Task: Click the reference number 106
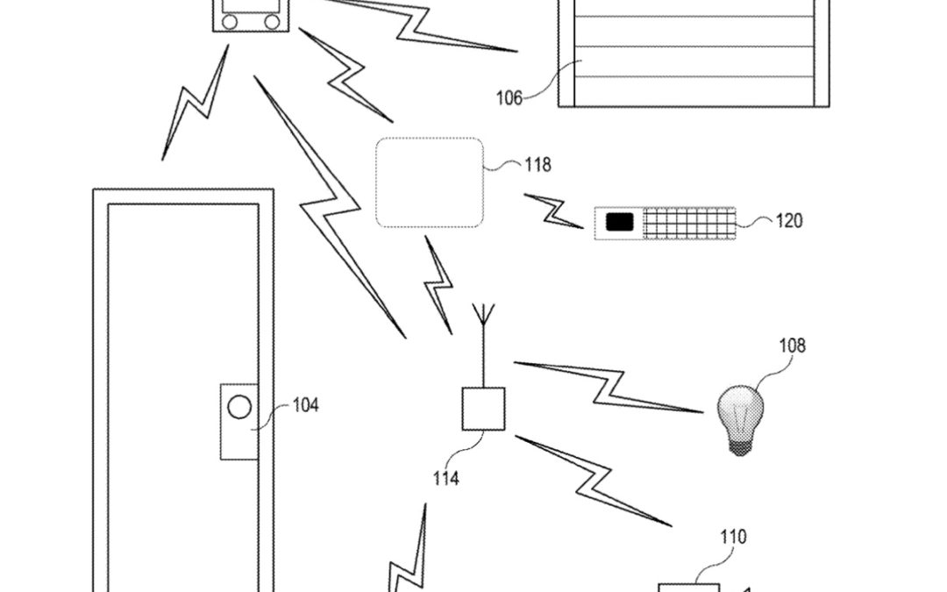coord(509,97)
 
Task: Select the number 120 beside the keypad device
coord(788,221)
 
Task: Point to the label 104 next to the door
coord(305,405)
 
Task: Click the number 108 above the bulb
coord(792,346)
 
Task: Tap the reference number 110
coord(733,537)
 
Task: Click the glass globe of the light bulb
coord(740,410)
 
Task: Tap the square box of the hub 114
coord(483,409)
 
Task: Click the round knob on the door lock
coord(239,406)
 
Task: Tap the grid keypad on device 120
coord(689,223)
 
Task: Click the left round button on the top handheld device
coord(231,20)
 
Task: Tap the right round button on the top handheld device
coord(273,20)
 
